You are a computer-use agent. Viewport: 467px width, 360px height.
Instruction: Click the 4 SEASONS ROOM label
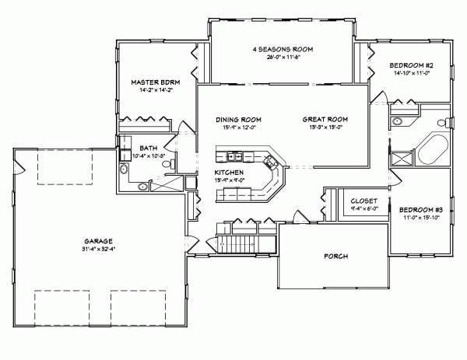[282, 49]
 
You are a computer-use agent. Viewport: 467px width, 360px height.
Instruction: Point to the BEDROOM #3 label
[421, 209]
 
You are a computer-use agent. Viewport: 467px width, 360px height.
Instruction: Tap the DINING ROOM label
[238, 119]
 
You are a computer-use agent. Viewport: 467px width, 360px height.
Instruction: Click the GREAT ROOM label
[325, 119]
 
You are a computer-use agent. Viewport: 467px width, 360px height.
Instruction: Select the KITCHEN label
[230, 172]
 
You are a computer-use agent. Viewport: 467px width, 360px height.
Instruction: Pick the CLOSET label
[365, 200]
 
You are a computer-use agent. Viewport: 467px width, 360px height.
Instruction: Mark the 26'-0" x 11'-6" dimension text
[282, 58]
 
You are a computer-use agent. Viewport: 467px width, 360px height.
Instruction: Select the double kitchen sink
[270, 163]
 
